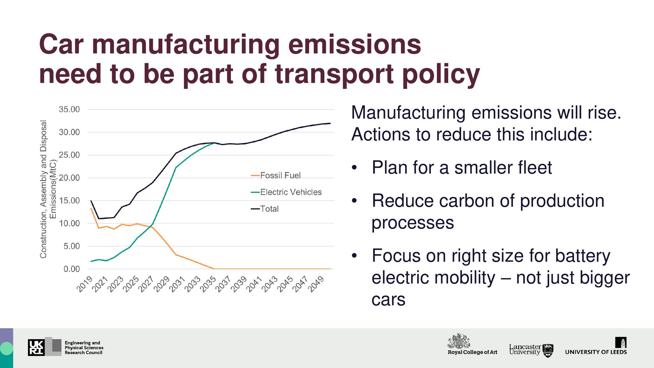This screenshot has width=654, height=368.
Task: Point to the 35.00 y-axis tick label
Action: [x=69, y=109]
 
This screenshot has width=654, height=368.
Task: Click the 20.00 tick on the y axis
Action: [x=69, y=178]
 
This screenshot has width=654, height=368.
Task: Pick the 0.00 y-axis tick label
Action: [x=72, y=269]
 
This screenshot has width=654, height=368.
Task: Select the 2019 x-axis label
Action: [x=84, y=284]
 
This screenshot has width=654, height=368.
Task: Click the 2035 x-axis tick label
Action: [x=208, y=284]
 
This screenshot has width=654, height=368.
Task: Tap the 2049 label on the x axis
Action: [x=316, y=284]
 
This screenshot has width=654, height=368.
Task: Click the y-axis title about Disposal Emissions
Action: [x=48, y=189]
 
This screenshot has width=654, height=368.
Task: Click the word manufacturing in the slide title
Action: [x=186, y=45]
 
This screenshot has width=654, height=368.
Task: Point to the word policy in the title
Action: [x=441, y=74]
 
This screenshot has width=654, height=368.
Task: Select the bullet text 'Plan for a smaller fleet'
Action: [x=462, y=168]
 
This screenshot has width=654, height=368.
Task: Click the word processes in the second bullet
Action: [x=412, y=223]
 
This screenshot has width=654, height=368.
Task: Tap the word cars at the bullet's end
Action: [x=388, y=300]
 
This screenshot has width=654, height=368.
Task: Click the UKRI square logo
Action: [x=36, y=348]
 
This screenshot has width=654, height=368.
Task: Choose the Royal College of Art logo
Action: [x=472, y=344]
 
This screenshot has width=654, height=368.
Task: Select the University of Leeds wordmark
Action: [x=596, y=352]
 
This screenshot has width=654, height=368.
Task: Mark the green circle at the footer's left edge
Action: [x=6, y=349]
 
